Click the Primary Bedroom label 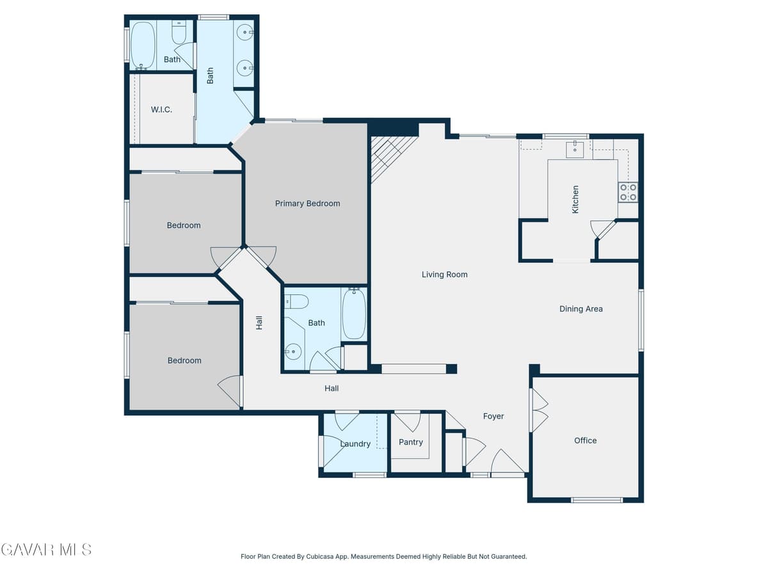point(307,204)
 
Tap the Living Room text point(444,275)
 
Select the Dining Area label point(581,309)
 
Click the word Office point(586,440)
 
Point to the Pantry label point(411,442)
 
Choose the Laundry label point(355,444)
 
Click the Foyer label point(493,416)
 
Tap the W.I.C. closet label point(161,109)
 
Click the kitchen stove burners point(628,193)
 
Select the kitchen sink point(575,149)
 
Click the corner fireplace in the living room point(392,158)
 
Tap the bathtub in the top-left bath point(143,45)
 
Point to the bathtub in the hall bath point(354,314)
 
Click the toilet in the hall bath point(296,301)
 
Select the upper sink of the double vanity point(244,33)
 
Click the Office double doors point(539,410)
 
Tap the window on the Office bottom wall point(596,500)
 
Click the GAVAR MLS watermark point(46,549)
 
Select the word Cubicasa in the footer point(320,556)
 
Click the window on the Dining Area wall point(641,320)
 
